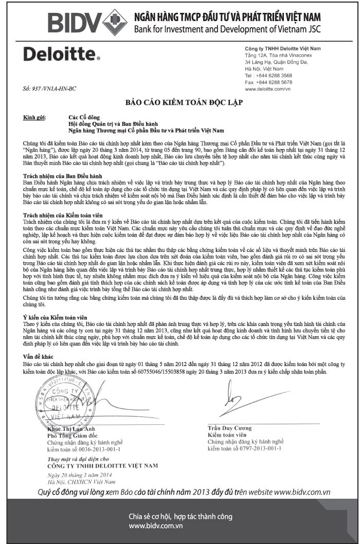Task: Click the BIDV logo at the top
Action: pyautogui.click(x=87, y=22)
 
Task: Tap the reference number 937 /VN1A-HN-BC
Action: pyautogui.click(x=50, y=89)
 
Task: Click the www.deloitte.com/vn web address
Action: pyautogui.click(x=267, y=89)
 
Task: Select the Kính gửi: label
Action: pyautogui.click(x=34, y=118)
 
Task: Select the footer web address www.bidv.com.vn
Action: pyautogui.click(x=156, y=526)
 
